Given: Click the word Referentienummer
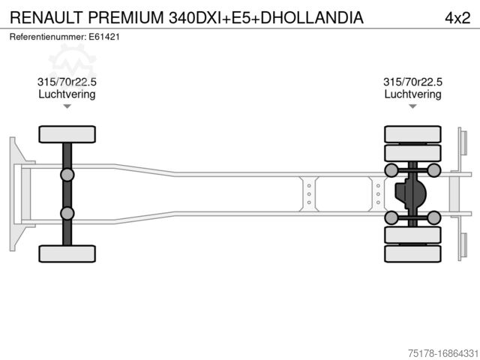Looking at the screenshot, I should pyautogui.click(x=47, y=36).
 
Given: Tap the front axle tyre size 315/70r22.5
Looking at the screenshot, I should pyautogui.click(x=67, y=82).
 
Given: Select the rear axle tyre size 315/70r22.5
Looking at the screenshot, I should pyautogui.click(x=412, y=82).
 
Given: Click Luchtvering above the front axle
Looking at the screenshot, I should pyautogui.click(x=67, y=94).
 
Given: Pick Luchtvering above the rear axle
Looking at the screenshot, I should pyautogui.click(x=412, y=94).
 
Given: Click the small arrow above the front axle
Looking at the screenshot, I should pyautogui.click(x=67, y=106).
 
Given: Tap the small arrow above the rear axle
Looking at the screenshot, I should pyautogui.click(x=412, y=106).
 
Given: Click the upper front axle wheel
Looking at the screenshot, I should pyautogui.click(x=67, y=134).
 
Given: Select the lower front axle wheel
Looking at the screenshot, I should pyautogui.click(x=67, y=253).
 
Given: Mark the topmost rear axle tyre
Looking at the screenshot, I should pyautogui.click(x=412, y=134).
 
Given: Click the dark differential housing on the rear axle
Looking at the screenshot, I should pyautogui.click(x=409, y=194).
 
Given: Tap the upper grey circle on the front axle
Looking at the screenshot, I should pyautogui.click(x=67, y=175).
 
